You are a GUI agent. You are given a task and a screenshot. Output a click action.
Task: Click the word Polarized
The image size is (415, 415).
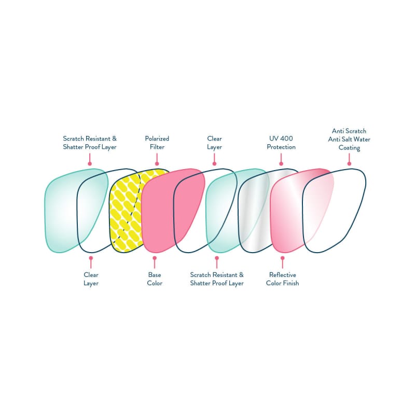(157, 139)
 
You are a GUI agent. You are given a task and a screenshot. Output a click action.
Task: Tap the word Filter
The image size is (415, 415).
(157, 147)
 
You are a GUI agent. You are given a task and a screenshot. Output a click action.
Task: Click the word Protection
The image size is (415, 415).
(281, 147)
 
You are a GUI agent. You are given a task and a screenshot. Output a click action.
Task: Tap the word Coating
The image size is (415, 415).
(349, 148)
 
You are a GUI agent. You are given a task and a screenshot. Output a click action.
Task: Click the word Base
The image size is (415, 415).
(155, 275)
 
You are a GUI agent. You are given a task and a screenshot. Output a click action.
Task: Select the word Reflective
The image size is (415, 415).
(282, 275)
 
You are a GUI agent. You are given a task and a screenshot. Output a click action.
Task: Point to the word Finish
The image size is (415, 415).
(290, 283)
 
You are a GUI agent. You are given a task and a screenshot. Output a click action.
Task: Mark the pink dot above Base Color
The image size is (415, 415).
(154, 258)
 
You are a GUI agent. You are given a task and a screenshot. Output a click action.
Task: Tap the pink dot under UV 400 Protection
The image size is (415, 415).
(281, 164)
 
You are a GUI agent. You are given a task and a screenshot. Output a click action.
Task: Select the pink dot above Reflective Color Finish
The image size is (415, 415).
(282, 258)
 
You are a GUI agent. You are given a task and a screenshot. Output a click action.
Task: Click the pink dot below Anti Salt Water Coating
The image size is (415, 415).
(349, 164)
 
